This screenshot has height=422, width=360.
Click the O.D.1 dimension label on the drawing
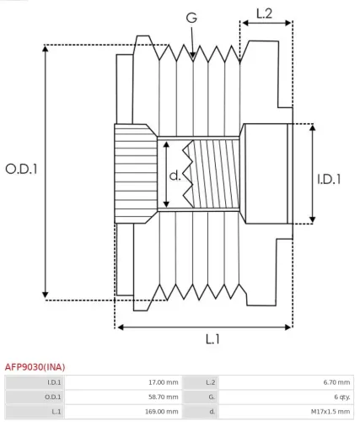coord(22,168)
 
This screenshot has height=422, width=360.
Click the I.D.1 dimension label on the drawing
coord(329,179)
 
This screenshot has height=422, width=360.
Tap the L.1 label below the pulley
coord(212,339)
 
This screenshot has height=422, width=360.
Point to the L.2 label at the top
coord(264,13)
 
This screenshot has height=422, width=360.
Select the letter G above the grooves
coord(192,17)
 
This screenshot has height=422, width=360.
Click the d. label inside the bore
coord(175,176)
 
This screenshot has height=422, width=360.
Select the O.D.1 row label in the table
coord(53,397)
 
